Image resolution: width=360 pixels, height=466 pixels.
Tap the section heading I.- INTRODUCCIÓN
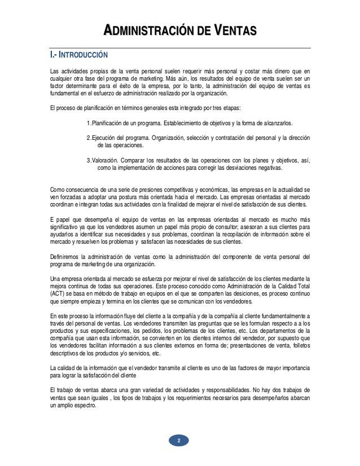(76, 56)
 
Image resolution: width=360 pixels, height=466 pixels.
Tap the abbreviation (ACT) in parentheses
(58, 293)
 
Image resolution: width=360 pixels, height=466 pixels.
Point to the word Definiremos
(67, 257)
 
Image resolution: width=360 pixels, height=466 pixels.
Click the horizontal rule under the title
(179, 47)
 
